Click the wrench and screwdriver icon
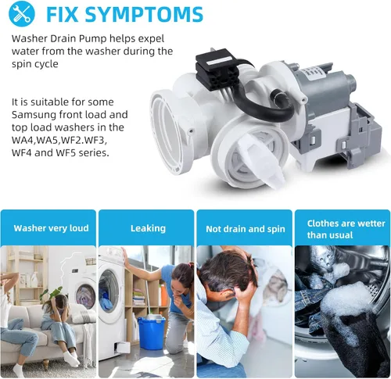[x=21, y=13]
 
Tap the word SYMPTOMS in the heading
[x=144, y=14]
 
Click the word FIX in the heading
[x=63, y=14]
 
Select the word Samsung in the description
[x=34, y=115]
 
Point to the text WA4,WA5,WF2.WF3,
[x=59, y=140]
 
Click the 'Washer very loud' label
[x=51, y=228]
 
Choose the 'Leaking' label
[x=148, y=228]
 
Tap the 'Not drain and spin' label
[x=246, y=229]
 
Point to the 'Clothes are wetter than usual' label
[x=346, y=229]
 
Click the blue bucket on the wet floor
[x=152, y=332]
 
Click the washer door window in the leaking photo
[x=109, y=291]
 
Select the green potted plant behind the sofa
[x=51, y=294]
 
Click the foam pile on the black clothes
[x=344, y=302]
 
